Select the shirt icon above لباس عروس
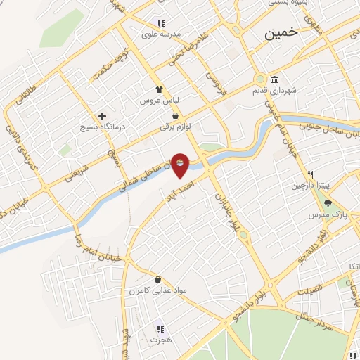pos(159,89)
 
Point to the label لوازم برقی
pos(175,127)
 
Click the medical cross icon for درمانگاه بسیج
pos(103,116)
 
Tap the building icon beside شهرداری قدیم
pos(274,79)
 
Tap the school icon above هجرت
pos(160,328)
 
